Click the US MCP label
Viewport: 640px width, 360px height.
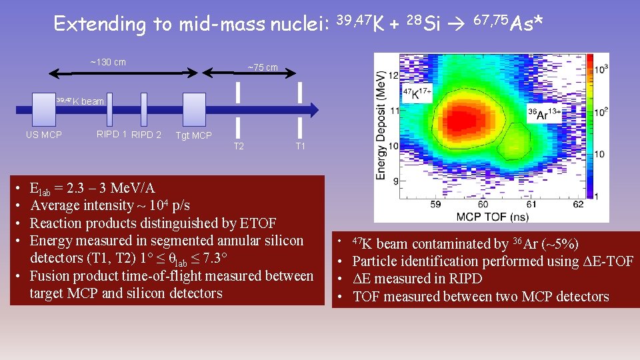pyautogui.click(x=44, y=135)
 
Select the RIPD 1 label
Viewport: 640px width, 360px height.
pyautogui.click(x=111, y=135)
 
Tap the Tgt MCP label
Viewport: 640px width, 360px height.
pyautogui.click(x=193, y=136)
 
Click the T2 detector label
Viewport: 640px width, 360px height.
pyautogui.click(x=238, y=145)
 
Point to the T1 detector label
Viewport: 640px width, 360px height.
pyautogui.click(x=301, y=145)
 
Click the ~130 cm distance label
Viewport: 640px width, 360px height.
pyautogui.click(x=108, y=63)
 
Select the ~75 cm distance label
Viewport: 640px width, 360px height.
pyautogui.click(x=263, y=67)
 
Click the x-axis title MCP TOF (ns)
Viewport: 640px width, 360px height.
pyautogui.click(x=492, y=217)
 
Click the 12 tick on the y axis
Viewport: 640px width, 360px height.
pyautogui.click(x=394, y=75)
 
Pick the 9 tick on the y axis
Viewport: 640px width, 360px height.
pyautogui.click(x=395, y=181)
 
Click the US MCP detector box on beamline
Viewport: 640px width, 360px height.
pyautogui.click(x=44, y=109)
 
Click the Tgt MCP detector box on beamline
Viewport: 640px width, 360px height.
pyautogui.click(x=194, y=109)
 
